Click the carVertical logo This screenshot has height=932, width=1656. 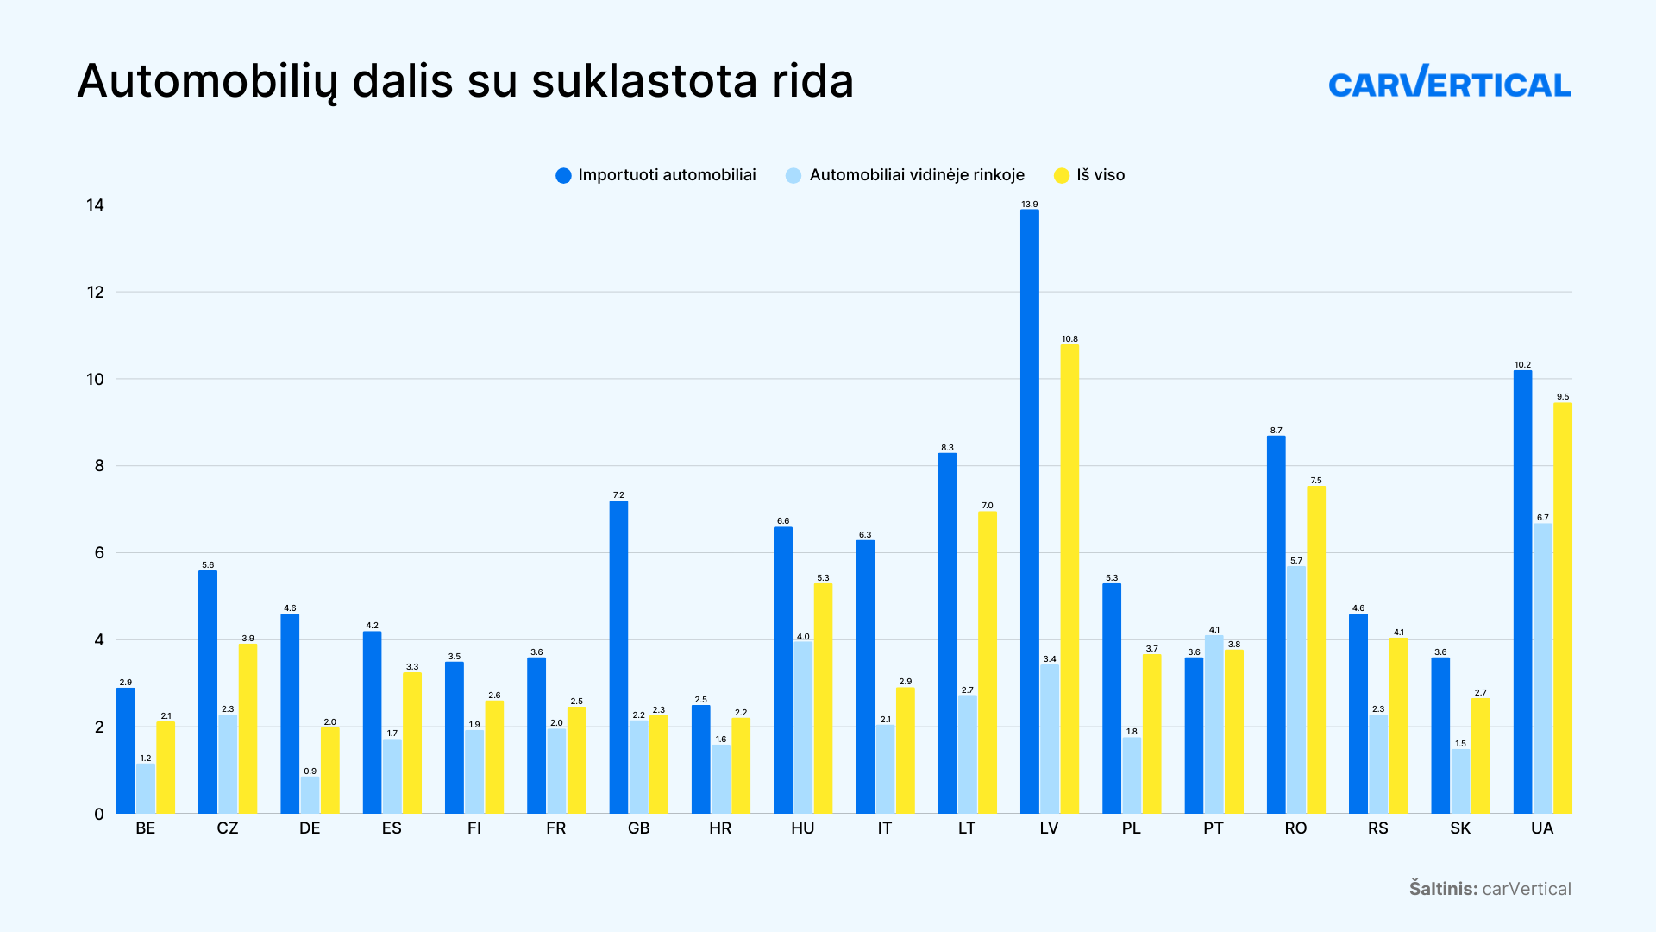coord(1449,83)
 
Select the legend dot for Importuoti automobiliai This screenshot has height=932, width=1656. coord(563,176)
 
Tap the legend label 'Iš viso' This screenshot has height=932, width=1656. coord(1101,175)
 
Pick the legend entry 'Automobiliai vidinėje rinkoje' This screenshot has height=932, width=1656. coord(916,175)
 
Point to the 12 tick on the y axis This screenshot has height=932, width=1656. coord(95,293)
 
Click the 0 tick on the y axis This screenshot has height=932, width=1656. coord(99,814)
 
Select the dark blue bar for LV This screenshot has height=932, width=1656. coord(1029,511)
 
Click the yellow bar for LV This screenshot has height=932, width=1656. coord(1069,578)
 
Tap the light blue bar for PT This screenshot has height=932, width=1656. coord(1214,724)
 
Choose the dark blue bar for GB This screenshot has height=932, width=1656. coord(618,657)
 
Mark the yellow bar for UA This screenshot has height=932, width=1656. coord(1562,608)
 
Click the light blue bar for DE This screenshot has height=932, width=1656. coord(310,795)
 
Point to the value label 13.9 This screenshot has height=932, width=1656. coord(1029,205)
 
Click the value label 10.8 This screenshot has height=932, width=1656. coord(1069,339)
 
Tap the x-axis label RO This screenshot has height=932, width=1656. coord(1295,828)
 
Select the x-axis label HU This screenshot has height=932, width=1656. coord(802,828)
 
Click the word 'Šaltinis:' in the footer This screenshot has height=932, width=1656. coord(1443,889)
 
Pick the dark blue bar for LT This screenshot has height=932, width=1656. coord(947,633)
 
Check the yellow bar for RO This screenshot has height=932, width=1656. coord(1316,650)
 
